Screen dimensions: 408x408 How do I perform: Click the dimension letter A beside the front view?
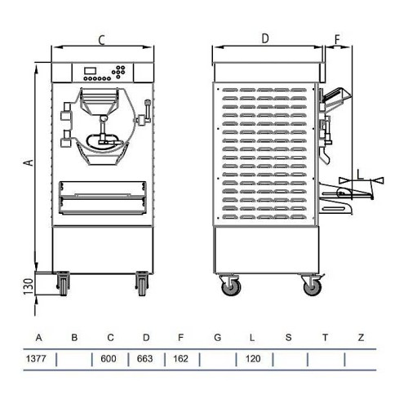click(28, 163)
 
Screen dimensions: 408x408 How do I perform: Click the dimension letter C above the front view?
click(100, 38)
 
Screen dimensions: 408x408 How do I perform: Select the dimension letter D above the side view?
click(265, 38)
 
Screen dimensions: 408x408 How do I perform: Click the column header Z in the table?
click(361, 336)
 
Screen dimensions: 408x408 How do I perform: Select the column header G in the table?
click(218, 336)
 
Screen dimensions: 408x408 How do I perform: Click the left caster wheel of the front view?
click(63, 284)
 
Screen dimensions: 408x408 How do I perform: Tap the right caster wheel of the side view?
click(311, 285)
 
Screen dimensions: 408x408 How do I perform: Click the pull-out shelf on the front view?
click(102, 197)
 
